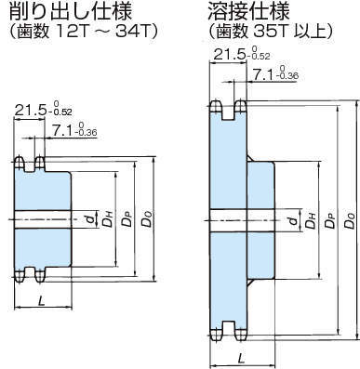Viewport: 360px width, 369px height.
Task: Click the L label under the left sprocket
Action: (44, 299)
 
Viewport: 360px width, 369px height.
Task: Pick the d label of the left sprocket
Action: (88, 219)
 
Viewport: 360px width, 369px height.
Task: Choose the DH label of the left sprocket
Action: (108, 221)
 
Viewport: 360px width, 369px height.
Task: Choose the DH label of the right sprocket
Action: (307, 221)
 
